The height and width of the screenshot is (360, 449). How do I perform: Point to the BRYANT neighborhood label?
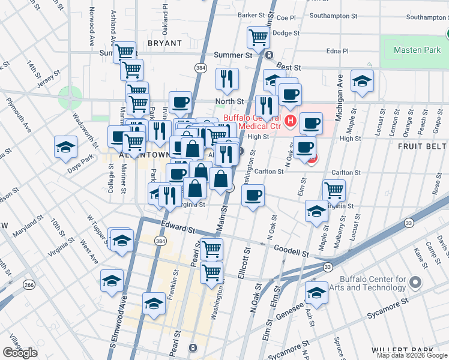[164, 43]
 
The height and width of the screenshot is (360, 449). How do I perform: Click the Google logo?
[20, 353]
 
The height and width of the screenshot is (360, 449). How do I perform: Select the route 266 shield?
[29, 284]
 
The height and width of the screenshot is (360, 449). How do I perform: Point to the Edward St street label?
[178, 228]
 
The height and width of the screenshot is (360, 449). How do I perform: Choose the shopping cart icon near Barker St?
[258, 37]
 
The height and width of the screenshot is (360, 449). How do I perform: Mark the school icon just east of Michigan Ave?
[362, 82]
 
